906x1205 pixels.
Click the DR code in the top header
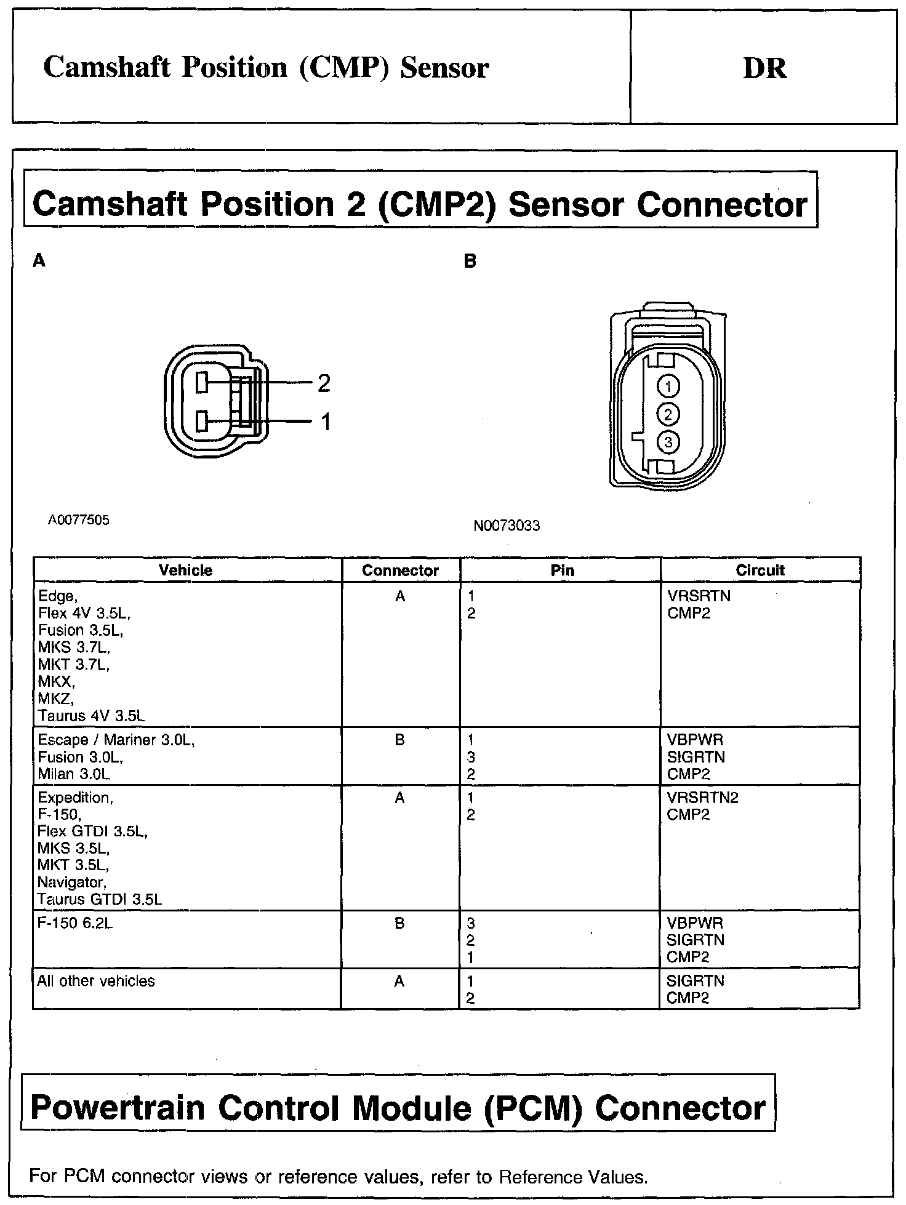coord(764,68)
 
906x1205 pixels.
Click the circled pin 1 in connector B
coord(668,386)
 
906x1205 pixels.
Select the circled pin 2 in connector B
coord(668,414)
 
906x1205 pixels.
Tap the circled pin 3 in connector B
coord(668,441)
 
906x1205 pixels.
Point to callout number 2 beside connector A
coord(324,383)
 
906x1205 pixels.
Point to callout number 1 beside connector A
coord(326,422)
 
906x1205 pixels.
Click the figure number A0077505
coord(79,520)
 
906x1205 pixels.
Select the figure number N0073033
coord(507,526)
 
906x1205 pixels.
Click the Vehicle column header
coord(185,570)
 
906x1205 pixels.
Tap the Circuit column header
coord(760,570)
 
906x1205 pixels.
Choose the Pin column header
coord(562,570)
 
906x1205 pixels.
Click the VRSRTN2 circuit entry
coord(702,798)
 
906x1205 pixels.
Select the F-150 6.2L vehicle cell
coord(75,923)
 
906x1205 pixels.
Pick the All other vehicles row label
coord(96,981)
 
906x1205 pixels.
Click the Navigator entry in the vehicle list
coord(71,882)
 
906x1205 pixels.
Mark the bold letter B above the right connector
coord(470,261)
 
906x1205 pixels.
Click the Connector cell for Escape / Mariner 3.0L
coord(400,740)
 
